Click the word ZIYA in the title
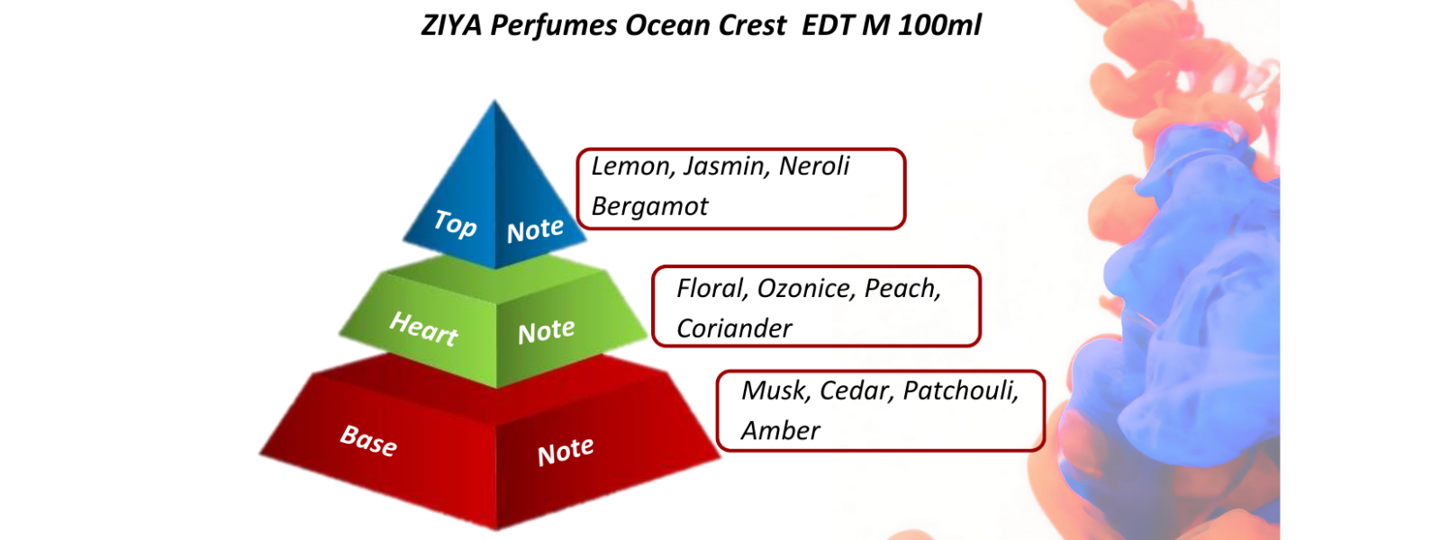(x=452, y=26)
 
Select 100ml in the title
(x=940, y=26)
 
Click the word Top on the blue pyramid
(x=456, y=224)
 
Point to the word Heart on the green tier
(x=424, y=328)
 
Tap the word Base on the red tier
(x=368, y=440)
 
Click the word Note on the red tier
(x=566, y=451)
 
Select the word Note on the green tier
(x=546, y=332)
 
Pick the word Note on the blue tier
(x=535, y=230)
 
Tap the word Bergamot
(x=649, y=207)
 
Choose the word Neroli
(x=814, y=166)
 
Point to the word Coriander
(x=734, y=328)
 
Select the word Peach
(x=902, y=289)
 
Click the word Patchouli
(x=961, y=391)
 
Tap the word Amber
(x=780, y=431)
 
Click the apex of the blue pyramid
(x=494, y=101)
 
